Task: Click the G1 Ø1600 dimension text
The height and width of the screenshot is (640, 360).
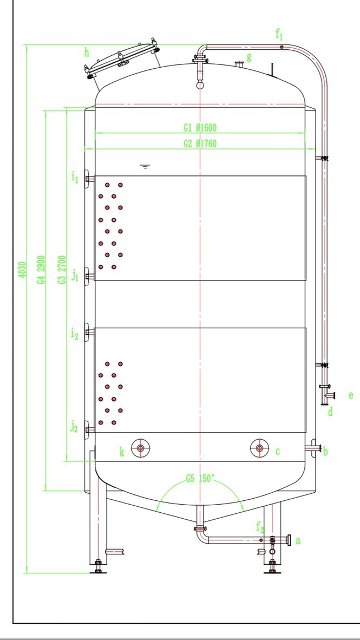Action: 200,128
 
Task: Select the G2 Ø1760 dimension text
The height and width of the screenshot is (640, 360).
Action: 200,143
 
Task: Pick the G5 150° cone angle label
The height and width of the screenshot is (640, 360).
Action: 200,479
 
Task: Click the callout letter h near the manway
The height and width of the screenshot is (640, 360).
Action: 86,52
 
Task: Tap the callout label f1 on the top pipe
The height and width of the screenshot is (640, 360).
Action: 279,36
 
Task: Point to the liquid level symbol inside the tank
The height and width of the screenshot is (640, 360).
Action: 145,166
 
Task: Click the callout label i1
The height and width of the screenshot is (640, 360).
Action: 75,178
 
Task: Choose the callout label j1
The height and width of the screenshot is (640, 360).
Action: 75,277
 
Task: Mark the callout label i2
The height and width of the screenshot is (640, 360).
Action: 75,334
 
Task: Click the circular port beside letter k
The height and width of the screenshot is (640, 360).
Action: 141,448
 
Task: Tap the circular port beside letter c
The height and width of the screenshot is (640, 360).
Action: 259,448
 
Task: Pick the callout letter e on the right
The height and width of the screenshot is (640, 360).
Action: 351,395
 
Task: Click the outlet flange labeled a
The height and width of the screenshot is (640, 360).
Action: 290,540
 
